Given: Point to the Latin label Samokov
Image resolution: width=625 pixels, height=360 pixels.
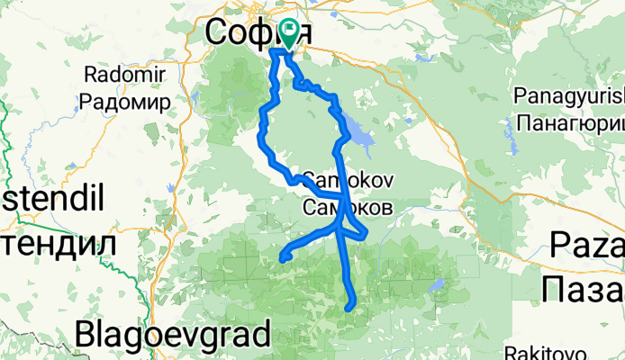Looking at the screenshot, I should pyautogui.click(x=347, y=177).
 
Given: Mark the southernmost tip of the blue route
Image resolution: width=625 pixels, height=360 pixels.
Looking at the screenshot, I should pyautogui.click(x=349, y=308).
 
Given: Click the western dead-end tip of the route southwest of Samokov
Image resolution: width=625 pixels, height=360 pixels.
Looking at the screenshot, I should pyautogui.click(x=282, y=258).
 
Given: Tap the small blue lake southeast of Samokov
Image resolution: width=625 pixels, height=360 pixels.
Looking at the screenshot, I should pyautogui.click(x=437, y=286).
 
